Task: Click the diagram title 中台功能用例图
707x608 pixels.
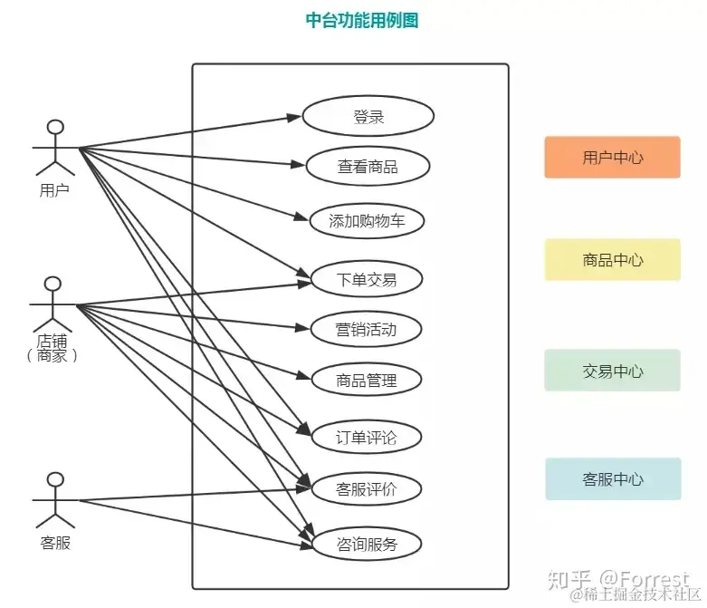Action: [x=362, y=21]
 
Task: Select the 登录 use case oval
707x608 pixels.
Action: [x=368, y=117]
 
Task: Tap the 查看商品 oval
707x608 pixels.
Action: [x=367, y=167]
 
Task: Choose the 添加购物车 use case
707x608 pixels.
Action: [x=367, y=221]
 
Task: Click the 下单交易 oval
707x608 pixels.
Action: [x=367, y=280]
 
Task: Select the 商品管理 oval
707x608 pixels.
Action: [x=367, y=381]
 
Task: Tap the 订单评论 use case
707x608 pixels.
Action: [x=367, y=438]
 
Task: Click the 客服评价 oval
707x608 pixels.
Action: [x=367, y=490]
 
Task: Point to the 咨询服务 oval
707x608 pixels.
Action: [x=367, y=545]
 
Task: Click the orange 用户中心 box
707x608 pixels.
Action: [x=612, y=158]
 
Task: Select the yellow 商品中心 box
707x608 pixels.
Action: [x=612, y=260]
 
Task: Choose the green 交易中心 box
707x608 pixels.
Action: [x=612, y=371]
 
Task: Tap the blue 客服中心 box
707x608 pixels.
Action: [x=612, y=479]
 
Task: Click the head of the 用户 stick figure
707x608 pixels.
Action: [x=56, y=127]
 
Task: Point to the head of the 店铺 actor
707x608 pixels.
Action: [x=54, y=285]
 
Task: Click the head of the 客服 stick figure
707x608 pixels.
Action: [x=55, y=479]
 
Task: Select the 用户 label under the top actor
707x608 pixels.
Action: [x=55, y=190]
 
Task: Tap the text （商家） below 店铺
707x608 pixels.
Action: [x=53, y=356]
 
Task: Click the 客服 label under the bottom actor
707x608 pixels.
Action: [x=55, y=544]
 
